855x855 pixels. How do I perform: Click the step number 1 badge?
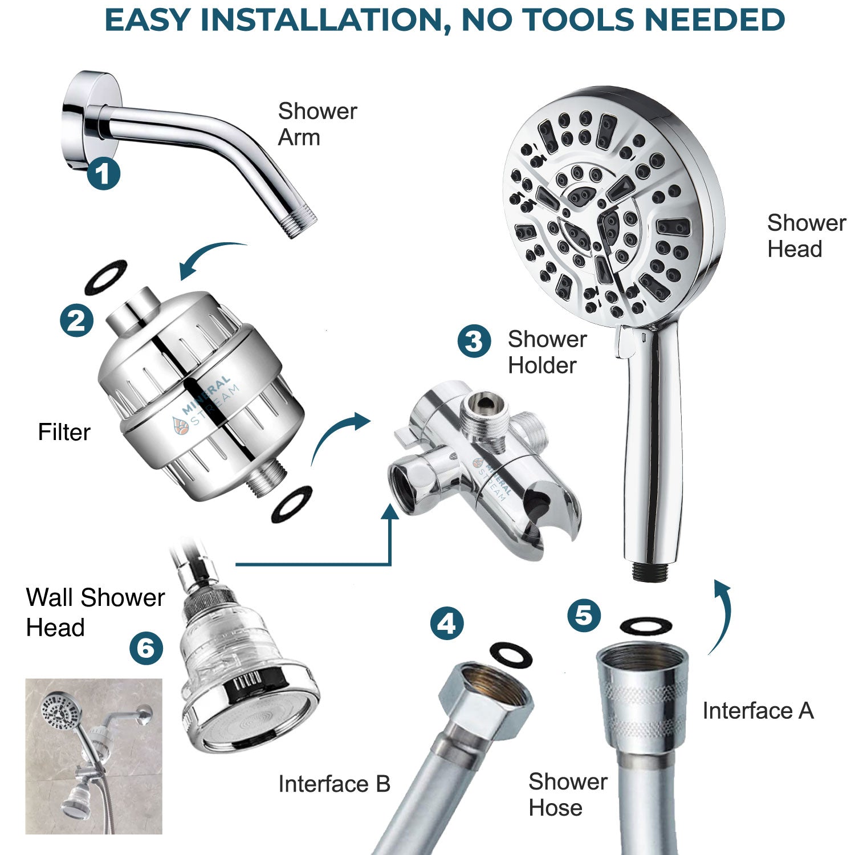click(103, 173)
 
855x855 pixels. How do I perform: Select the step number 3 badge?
click(474, 341)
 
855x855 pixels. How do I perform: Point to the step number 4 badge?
click(446, 623)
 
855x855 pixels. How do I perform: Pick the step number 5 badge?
click(584, 615)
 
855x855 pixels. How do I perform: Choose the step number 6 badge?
click(146, 648)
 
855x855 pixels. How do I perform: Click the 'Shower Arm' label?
click(317, 124)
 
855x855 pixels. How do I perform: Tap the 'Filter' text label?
click(64, 432)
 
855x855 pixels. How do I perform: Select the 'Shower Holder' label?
click(547, 352)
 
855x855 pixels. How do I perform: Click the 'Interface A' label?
click(758, 711)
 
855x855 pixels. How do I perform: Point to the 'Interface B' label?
click(334, 784)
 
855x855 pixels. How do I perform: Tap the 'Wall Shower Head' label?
click(95, 613)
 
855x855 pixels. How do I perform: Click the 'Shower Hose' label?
click(567, 795)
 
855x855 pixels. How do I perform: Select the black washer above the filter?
click(105, 277)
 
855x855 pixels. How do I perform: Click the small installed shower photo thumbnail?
click(93, 756)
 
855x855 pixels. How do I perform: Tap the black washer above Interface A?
click(645, 626)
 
